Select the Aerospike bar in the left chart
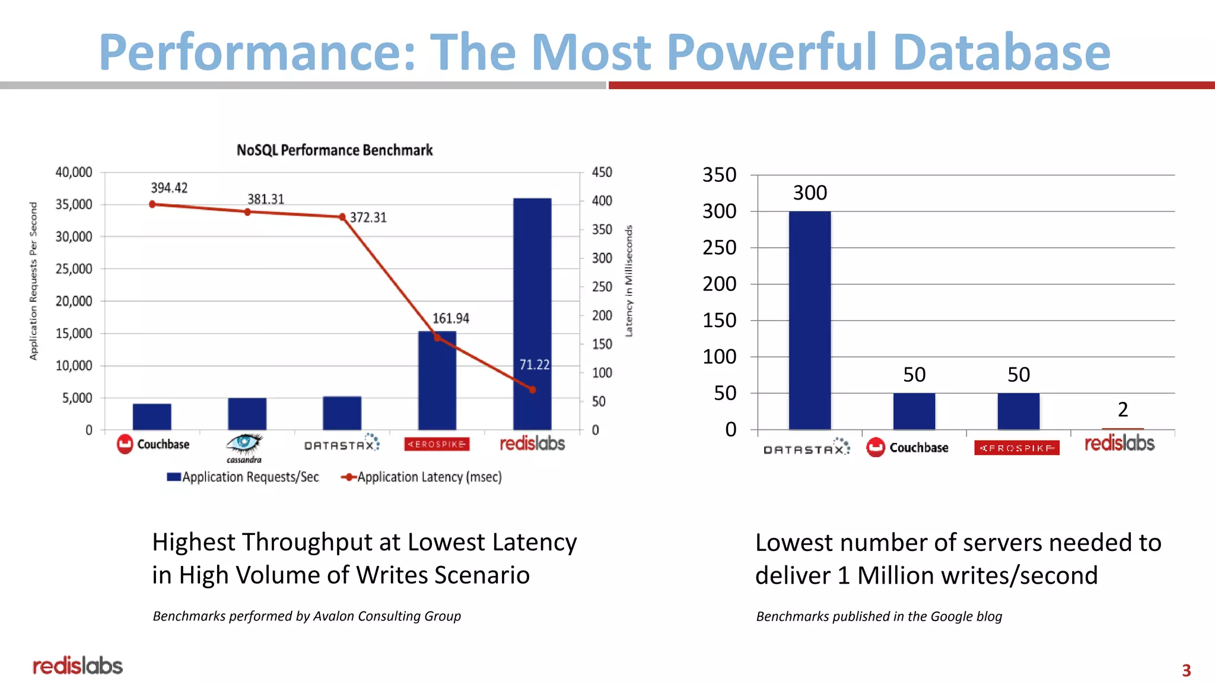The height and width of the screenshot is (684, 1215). tap(437, 380)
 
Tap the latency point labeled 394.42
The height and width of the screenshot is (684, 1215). tap(152, 204)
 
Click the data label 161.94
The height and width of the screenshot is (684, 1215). tap(450, 318)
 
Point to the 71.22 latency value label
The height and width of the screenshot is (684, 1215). tap(535, 365)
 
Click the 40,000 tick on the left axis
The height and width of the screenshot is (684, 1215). tap(74, 172)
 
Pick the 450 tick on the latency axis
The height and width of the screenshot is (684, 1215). tap(602, 172)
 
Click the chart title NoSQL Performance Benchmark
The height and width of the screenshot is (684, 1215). tap(335, 150)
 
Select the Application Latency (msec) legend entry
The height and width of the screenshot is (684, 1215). tap(422, 477)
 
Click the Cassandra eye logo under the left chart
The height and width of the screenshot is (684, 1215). tap(244, 444)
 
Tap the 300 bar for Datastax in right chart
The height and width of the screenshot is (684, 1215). tap(809, 321)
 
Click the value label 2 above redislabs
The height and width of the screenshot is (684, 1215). tap(1122, 410)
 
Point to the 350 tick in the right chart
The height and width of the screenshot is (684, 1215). tap(719, 175)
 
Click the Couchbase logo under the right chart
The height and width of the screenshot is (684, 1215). tap(908, 448)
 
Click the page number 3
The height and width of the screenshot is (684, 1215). tap(1186, 670)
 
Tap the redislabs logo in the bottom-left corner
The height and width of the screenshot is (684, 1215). tap(78, 666)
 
